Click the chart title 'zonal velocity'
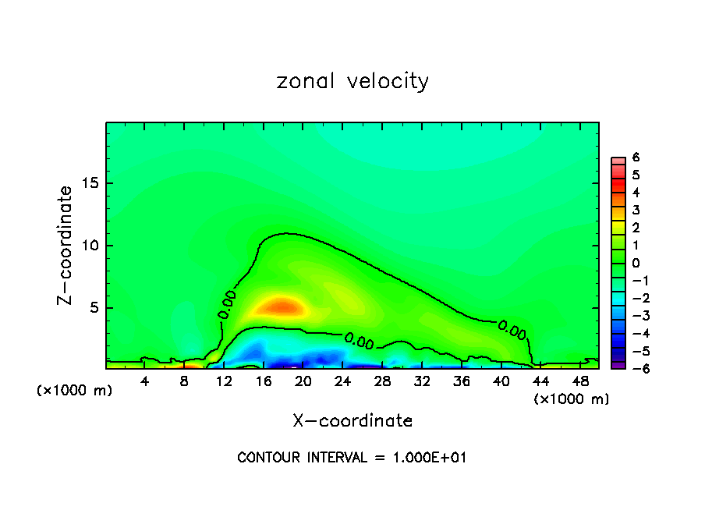point(352,82)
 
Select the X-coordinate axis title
point(352,421)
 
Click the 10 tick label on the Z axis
point(90,246)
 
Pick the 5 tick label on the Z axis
point(94,308)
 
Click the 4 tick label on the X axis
point(145,381)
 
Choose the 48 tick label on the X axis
point(580,381)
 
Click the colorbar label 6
point(636,158)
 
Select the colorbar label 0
point(636,263)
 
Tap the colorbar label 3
point(636,210)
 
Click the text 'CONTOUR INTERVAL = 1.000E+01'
point(352,458)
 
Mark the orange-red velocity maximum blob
point(282,305)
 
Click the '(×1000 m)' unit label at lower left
point(75,391)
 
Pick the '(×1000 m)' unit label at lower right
point(572,399)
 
